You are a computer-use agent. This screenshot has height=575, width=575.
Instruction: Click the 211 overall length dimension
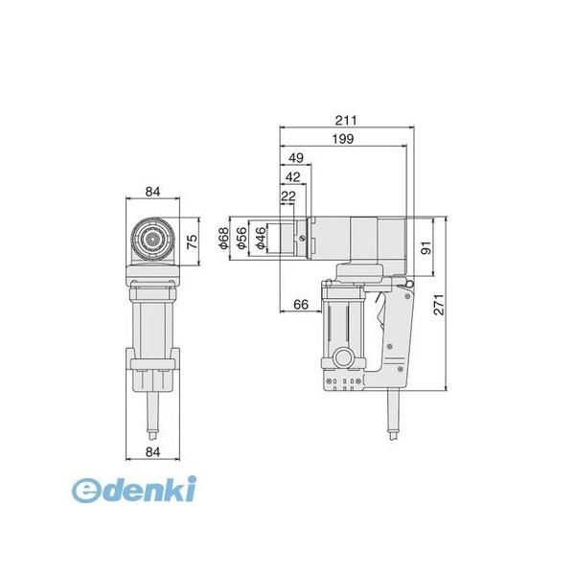(x=345, y=121)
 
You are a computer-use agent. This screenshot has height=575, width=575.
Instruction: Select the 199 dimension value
(x=343, y=139)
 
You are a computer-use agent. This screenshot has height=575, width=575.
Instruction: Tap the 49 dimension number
(x=296, y=158)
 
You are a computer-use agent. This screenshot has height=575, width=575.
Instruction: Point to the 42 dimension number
(x=293, y=177)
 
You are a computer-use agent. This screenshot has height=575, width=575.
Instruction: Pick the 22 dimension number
(x=287, y=196)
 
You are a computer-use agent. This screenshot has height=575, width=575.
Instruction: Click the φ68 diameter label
(x=223, y=239)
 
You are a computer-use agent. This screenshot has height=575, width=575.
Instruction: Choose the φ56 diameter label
(x=242, y=239)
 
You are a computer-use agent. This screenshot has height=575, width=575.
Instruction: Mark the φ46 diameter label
(x=261, y=239)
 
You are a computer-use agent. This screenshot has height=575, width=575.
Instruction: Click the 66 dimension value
(x=301, y=305)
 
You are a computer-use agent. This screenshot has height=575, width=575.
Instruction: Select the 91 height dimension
(x=426, y=248)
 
